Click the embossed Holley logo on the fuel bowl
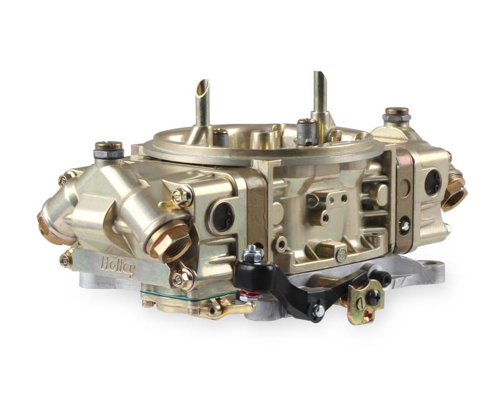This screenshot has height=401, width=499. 117,267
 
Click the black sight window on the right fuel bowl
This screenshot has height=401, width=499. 432,182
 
